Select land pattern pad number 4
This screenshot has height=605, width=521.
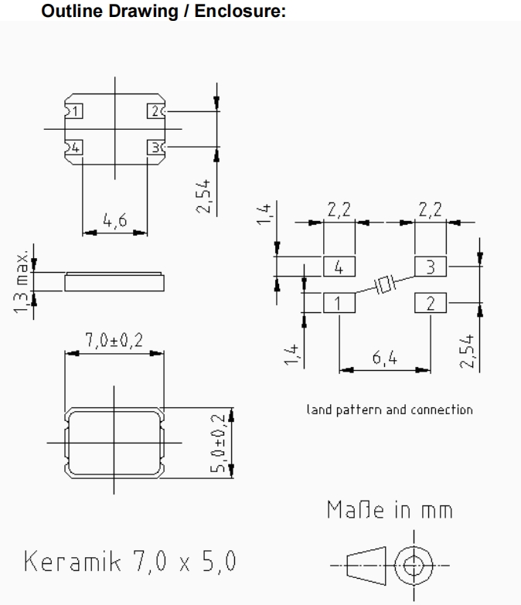pos(339,267)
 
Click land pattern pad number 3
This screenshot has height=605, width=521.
pos(431,267)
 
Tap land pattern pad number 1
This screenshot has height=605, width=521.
pos(339,302)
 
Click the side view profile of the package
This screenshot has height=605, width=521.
pos(114,281)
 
